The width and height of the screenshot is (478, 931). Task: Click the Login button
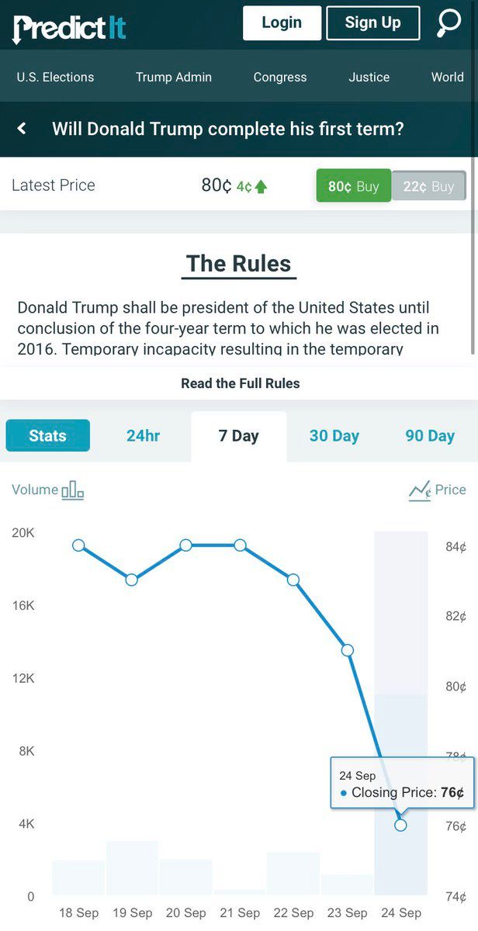(x=282, y=23)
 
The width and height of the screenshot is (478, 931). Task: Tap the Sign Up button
(x=372, y=23)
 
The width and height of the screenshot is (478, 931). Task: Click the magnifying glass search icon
(x=449, y=22)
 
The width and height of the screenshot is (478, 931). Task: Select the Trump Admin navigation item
(x=173, y=77)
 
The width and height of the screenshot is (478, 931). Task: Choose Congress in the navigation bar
(x=280, y=77)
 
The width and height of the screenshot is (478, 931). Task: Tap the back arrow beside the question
(x=22, y=128)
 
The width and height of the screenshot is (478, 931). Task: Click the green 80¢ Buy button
(x=353, y=186)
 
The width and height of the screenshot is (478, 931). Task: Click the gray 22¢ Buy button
(x=428, y=186)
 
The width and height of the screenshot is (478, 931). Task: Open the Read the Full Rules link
(x=240, y=383)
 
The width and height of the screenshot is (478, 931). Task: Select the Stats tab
(x=47, y=436)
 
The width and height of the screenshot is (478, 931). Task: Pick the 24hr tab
(x=143, y=436)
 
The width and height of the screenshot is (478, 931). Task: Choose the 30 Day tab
(x=334, y=436)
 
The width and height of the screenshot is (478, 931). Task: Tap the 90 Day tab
(x=430, y=436)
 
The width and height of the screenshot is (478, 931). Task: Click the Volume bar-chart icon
(x=72, y=490)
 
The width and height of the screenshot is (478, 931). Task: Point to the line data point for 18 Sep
(x=78, y=545)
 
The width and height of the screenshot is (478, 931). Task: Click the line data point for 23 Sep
(x=348, y=650)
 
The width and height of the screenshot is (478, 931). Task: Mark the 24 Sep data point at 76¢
(x=400, y=825)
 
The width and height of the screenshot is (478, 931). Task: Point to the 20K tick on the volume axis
(x=23, y=533)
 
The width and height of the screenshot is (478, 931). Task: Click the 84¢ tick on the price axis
(x=456, y=547)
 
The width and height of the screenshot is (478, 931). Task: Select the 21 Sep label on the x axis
(x=240, y=912)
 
